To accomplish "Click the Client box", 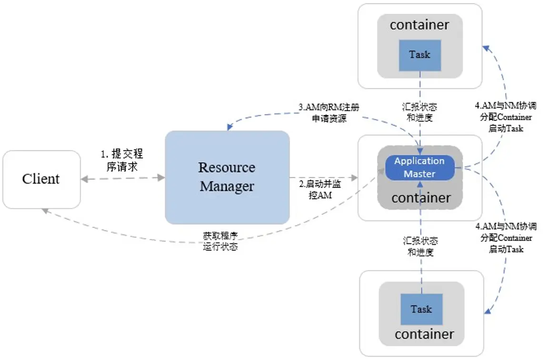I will (41, 179).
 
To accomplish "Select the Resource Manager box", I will (227, 177).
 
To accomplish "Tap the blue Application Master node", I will (419, 168).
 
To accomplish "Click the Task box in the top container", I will (419, 55).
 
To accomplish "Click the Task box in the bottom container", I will (421, 310).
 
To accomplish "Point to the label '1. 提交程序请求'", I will (122, 160).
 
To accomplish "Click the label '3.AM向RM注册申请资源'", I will (329, 113).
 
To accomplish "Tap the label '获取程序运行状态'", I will (220, 241).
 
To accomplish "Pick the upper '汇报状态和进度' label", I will (420, 113).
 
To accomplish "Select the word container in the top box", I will (419, 25).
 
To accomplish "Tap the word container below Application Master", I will (421, 197).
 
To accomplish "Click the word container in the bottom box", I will (424, 334).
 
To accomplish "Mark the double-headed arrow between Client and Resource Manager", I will (123, 178).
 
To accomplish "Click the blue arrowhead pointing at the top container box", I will (485, 48).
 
